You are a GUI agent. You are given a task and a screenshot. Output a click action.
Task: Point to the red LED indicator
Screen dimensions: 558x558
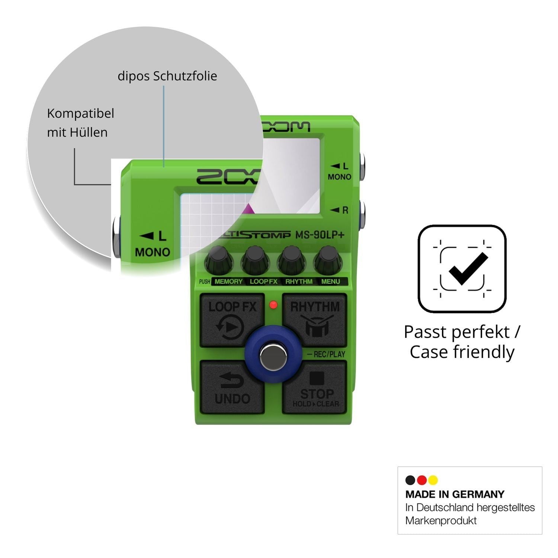point(273,305)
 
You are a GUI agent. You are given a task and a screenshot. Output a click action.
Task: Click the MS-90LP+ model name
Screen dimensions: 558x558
point(320,235)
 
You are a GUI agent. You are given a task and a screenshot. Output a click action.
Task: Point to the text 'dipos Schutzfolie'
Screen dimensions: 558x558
point(167,76)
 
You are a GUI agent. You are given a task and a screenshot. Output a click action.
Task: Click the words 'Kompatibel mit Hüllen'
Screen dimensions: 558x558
point(80,123)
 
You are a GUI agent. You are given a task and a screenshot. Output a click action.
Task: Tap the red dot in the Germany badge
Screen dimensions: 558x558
point(422,480)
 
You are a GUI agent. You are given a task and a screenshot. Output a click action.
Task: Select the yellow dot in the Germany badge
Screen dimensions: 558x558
point(433,480)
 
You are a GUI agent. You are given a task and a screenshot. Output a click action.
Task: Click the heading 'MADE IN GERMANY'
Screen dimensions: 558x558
point(455,494)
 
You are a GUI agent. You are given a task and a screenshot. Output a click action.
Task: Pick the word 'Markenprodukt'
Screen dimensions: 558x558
point(441,520)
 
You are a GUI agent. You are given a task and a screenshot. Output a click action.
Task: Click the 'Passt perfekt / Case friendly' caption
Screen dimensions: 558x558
point(462,342)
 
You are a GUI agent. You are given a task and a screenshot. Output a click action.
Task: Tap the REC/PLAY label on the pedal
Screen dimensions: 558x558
point(326,354)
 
